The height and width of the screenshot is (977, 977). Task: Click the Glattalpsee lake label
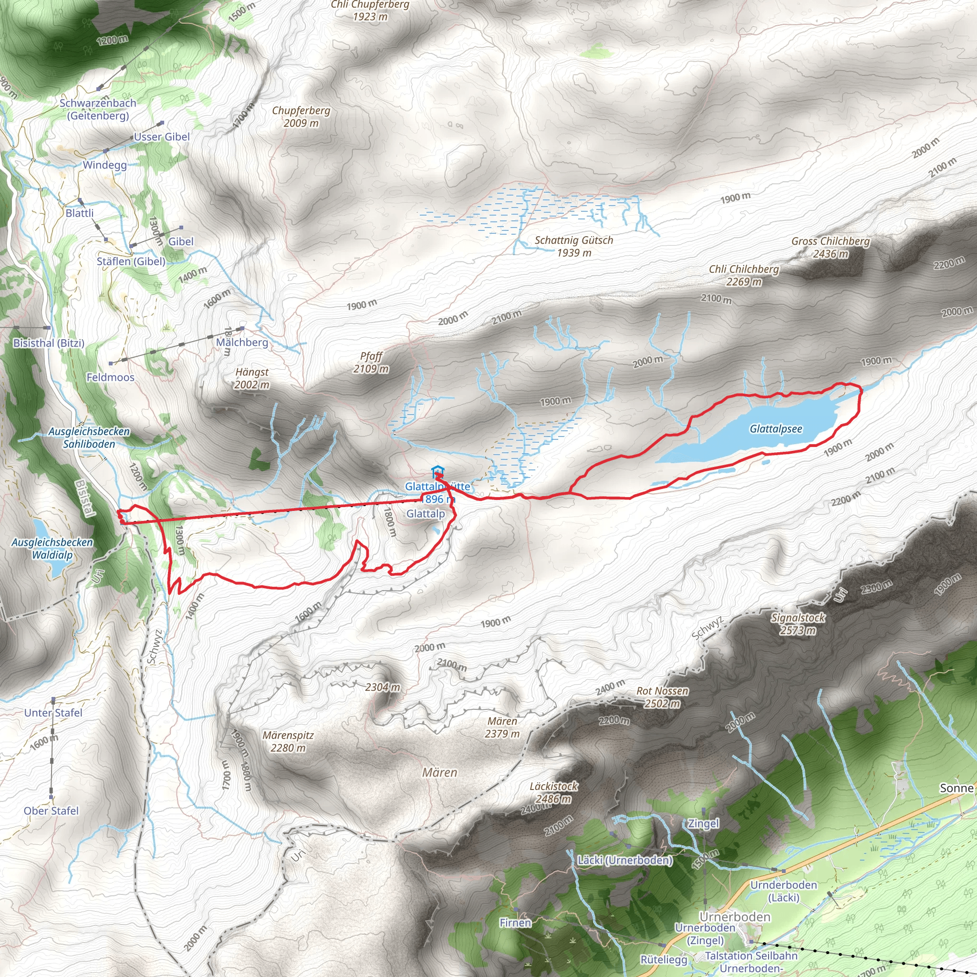click(x=776, y=429)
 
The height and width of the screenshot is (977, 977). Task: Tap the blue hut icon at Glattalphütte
click(x=437, y=473)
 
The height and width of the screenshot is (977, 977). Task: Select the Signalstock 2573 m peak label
click(x=798, y=624)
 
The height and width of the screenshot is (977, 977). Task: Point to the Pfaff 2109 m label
click(x=371, y=363)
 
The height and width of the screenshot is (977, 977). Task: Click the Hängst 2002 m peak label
click(x=252, y=378)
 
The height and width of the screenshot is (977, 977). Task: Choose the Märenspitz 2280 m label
click(x=288, y=741)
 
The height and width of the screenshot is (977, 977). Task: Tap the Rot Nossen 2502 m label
click(x=663, y=697)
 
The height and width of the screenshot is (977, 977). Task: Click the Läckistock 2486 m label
click(x=554, y=792)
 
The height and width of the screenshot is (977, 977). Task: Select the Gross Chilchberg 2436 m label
click(x=831, y=247)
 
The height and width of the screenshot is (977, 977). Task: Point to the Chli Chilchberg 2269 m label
click(x=744, y=275)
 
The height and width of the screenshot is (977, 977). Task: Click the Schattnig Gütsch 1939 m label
click(x=574, y=246)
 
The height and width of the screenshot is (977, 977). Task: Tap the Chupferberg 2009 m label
click(x=301, y=116)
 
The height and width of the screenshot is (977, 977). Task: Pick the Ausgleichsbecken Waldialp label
click(x=52, y=549)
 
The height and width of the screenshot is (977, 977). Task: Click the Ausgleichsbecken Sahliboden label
click(x=89, y=437)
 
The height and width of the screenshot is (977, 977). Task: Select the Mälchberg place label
click(x=242, y=343)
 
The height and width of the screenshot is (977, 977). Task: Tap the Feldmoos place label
click(x=110, y=377)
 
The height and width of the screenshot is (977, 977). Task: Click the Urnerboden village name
click(x=735, y=917)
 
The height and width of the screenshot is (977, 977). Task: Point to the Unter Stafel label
click(x=53, y=713)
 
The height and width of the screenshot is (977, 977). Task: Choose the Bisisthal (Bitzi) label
click(x=49, y=343)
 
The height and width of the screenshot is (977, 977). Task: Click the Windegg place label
click(x=104, y=165)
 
